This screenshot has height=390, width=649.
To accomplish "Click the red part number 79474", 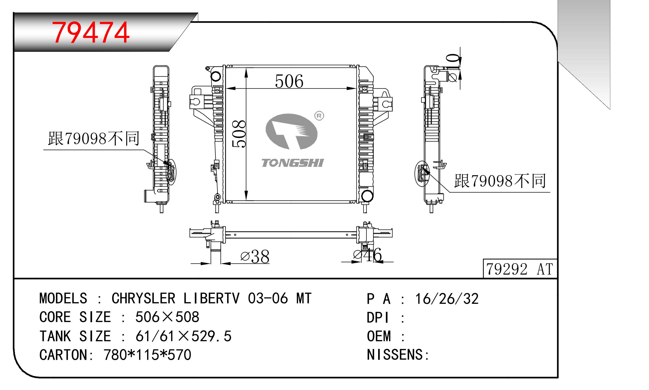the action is [x=91, y=33].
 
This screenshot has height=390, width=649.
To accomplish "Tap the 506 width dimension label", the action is [x=289, y=81].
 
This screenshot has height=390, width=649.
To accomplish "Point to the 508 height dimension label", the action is [x=239, y=134].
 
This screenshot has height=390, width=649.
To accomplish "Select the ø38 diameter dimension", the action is [x=255, y=257].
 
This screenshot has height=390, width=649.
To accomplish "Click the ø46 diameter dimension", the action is [x=367, y=255].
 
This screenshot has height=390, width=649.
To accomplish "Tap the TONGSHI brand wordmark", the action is [x=293, y=163].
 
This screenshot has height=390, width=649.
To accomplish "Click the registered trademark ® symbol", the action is [x=319, y=116].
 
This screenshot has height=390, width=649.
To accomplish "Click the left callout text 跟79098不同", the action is [x=94, y=139].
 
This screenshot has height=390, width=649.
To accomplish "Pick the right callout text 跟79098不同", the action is [x=500, y=181].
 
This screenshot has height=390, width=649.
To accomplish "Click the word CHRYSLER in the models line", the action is [x=143, y=298].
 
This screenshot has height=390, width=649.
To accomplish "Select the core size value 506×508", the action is [x=167, y=317].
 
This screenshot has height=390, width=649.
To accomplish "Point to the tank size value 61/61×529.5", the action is [x=183, y=336].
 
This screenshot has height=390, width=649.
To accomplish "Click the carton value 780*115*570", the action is [x=147, y=355].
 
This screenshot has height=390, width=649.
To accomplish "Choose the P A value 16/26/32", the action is [x=447, y=299].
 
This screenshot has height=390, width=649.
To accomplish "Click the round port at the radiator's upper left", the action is [x=216, y=77].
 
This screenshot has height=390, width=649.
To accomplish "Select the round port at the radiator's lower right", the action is [x=367, y=196].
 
